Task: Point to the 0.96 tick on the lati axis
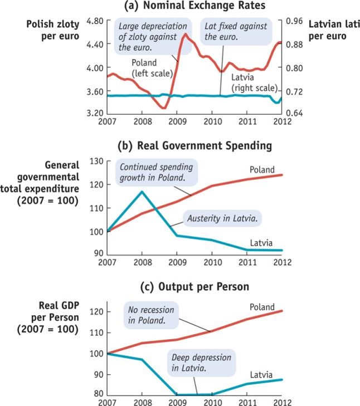pyautogui.click(x=294, y=21)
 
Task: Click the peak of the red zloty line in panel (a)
pyautogui.click(x=184, y=35)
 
